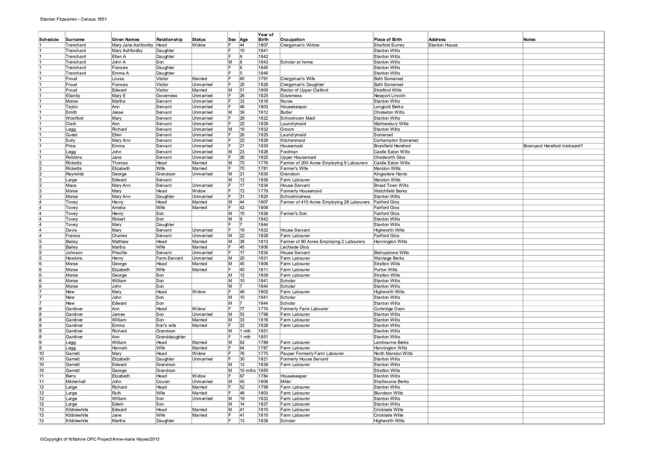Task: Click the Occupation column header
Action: (x=292, y=40)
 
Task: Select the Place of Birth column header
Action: (x=388, y=40)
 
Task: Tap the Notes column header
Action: (x=529, y=40)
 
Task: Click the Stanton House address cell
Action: (x=443, y=45)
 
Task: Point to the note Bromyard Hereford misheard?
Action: (x=553, y=146)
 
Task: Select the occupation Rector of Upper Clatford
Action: (x=304, y=90)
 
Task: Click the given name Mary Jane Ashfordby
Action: (x=132, y=45)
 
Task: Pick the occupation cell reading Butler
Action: (x=286, y=112)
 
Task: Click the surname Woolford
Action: (x=75, y=118)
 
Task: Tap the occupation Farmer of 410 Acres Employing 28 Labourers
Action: (x=325, y=202)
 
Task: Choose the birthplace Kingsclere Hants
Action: (x=390, y=174)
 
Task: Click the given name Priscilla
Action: (x=119, y=253)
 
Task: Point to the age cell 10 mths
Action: (x=247, y=371)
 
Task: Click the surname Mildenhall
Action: (x=76, y=381)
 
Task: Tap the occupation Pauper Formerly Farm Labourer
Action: (x=312, y=354)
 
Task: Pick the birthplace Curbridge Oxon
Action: (x=389, y=309)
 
